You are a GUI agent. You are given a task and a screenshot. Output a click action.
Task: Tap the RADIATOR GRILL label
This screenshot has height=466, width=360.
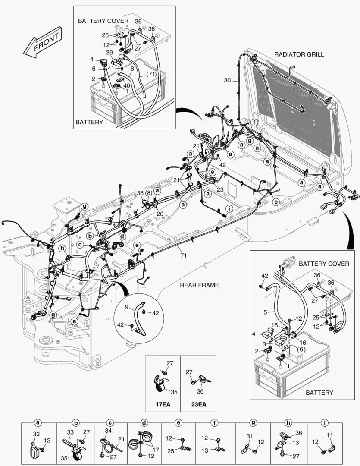pyautogui.click(x=299, y=54)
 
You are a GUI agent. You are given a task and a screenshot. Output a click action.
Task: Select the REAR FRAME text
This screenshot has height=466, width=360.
pyautogui.click(x=200, y=285)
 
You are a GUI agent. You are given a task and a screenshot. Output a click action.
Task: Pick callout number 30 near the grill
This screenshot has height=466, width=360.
pyautogui.click(x=228, y=80)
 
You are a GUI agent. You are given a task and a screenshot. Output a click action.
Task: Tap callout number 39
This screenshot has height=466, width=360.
pyautogui.click(x=110, y=52)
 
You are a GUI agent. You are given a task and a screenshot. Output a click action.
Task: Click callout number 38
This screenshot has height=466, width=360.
pyautogui.click(x=140, y=193)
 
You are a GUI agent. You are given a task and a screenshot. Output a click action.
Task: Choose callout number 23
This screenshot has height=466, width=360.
pyautogui.click(x=220, y=189)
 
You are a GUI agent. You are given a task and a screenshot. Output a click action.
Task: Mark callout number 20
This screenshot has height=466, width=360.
pyautogui.click(x=160, y=214)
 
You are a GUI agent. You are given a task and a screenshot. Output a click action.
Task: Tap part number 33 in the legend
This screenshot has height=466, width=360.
pyautogui.click(x=69, y=432)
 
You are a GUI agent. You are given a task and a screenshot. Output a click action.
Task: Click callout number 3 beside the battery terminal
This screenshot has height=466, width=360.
pyautogui.click(x=264, y=343)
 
